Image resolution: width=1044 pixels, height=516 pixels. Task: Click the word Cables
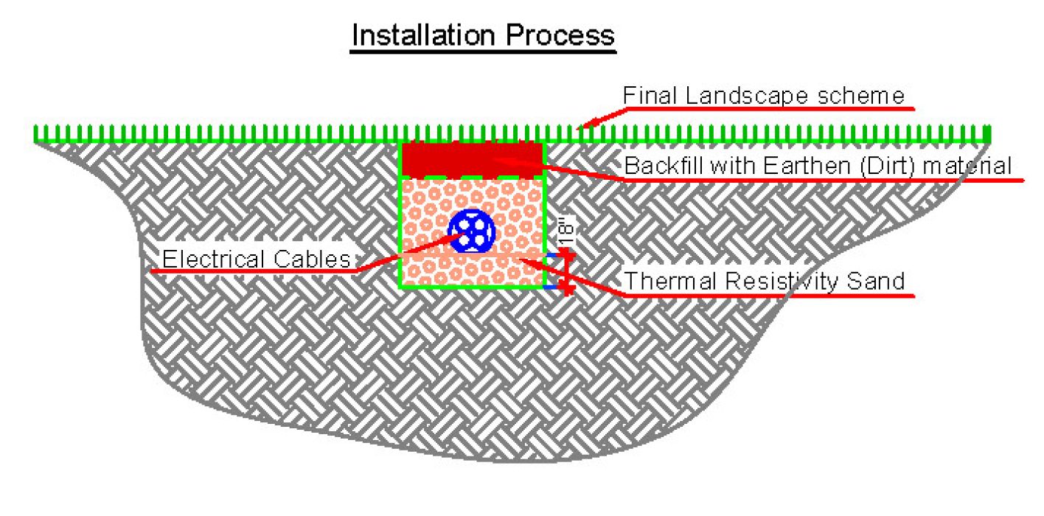tap(316, 259)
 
